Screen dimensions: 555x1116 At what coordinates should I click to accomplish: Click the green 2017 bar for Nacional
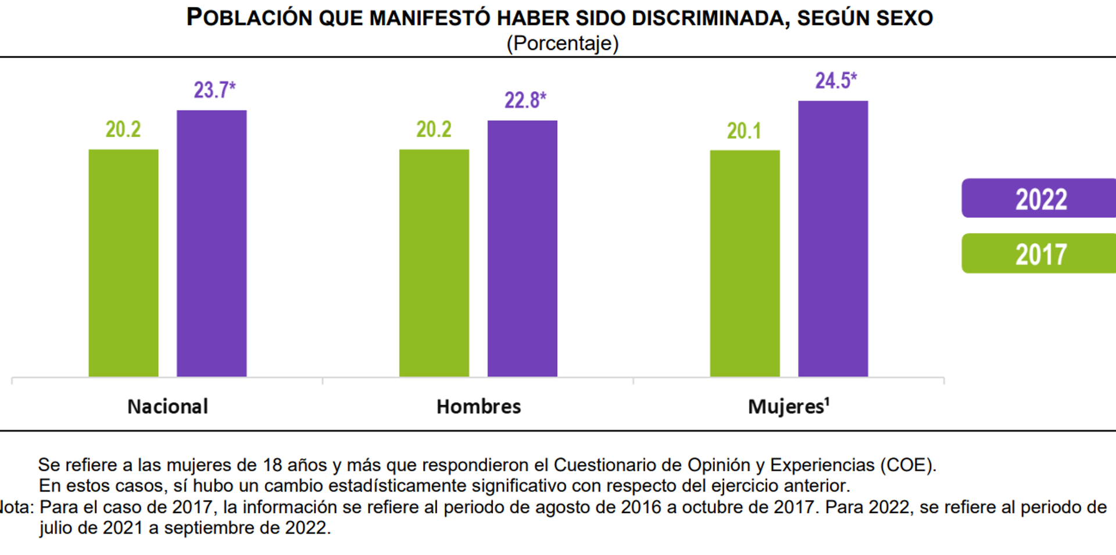[123, 263]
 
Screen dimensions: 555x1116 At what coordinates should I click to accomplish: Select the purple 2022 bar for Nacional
[212, 243]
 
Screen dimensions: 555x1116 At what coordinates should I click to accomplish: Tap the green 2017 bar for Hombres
[434, 263]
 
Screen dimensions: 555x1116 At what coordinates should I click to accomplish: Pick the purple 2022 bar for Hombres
[522, 248]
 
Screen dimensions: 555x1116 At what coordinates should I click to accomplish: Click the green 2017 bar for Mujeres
[745, 263]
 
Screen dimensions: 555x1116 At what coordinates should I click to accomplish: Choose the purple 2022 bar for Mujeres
[833, 238]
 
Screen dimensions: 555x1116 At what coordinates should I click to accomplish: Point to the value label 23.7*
[214, 90]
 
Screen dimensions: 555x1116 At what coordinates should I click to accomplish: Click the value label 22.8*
[525, 100]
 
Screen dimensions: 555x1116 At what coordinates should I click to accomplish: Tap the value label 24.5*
[835, 80]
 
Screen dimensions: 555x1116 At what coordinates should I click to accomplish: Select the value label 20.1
[743, 131]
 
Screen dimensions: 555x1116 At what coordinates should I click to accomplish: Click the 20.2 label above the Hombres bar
[434, 129]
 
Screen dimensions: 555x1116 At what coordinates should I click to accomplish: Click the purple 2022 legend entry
[1040, 199]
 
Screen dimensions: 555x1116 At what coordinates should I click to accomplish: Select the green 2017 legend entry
[1040, 254]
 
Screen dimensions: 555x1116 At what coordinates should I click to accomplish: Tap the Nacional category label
[167, 406]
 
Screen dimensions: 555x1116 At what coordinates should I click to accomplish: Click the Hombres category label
[478, 406]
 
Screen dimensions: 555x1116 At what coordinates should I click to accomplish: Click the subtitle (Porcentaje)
[562, 43]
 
